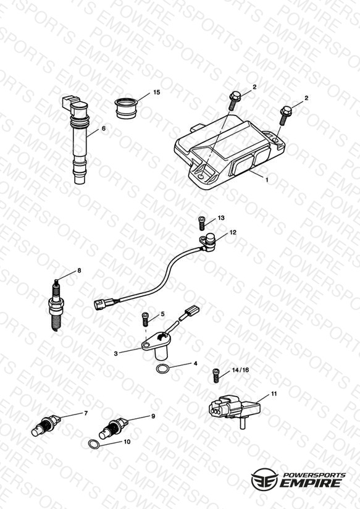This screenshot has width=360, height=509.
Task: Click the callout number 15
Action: pos(156,92)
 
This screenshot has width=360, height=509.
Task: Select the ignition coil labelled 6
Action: pos(77,140)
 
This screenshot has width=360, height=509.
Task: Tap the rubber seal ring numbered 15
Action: pos(126,109)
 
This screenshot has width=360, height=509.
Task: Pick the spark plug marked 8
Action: pos(56,306)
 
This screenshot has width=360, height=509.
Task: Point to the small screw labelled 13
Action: pos(201,224)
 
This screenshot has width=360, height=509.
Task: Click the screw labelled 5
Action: pos(146,319)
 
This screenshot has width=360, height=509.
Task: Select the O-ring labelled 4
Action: pos(162,369)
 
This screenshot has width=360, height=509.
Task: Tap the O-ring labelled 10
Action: pos(94,444)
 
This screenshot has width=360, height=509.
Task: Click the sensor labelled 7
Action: pos(46,425)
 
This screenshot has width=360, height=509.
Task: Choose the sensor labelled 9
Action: pos(114,428)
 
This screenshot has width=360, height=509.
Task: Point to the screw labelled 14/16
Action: pos(216,376)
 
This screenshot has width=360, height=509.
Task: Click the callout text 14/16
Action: pos(241,370)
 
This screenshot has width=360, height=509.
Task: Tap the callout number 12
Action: pos(233,232)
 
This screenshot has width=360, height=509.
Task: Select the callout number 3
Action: pos(116,353)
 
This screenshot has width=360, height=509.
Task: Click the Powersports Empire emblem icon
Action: pos(264,479)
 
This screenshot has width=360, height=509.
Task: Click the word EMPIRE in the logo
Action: pos(310,482)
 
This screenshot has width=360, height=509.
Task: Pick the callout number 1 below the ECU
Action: pos(267,180)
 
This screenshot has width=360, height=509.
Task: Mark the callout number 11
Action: pos(274,393)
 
